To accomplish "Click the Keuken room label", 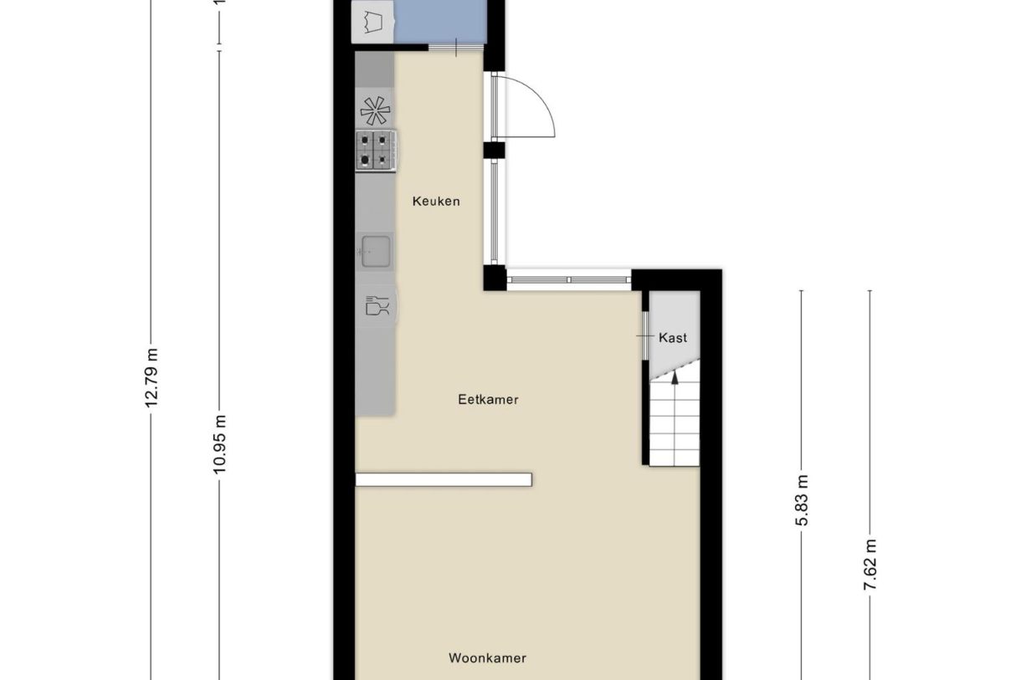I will [436, 201].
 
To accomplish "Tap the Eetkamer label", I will [488, 400].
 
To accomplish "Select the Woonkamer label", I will [487, 658].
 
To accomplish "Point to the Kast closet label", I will [673, 338].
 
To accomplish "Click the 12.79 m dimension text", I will [151, 378].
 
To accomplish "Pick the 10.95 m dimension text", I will [219, 444].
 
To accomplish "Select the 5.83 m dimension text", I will [802, 500].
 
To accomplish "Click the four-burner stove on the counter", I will [375, 151].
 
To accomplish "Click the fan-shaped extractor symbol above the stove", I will [375, 110].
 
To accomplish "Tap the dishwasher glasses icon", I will [377, 306].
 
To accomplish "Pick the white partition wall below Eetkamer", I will [444, 479].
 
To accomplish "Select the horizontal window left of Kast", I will [569, 280].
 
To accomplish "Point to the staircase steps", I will [675, 422].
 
